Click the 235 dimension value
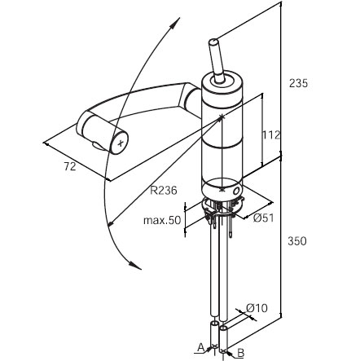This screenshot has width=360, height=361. (298, 83)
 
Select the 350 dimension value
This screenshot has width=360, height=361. (297, 241)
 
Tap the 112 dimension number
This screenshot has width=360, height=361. (270, 134)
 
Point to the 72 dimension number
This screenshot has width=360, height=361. (70, 166)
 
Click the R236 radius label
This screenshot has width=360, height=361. (164, 191)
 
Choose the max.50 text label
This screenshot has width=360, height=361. (162, 220)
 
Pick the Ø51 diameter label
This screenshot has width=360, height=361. (263, 218)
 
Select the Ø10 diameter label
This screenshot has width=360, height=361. (257, 308)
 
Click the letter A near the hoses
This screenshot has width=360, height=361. (200, 347)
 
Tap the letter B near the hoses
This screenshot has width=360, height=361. (241, 353)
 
